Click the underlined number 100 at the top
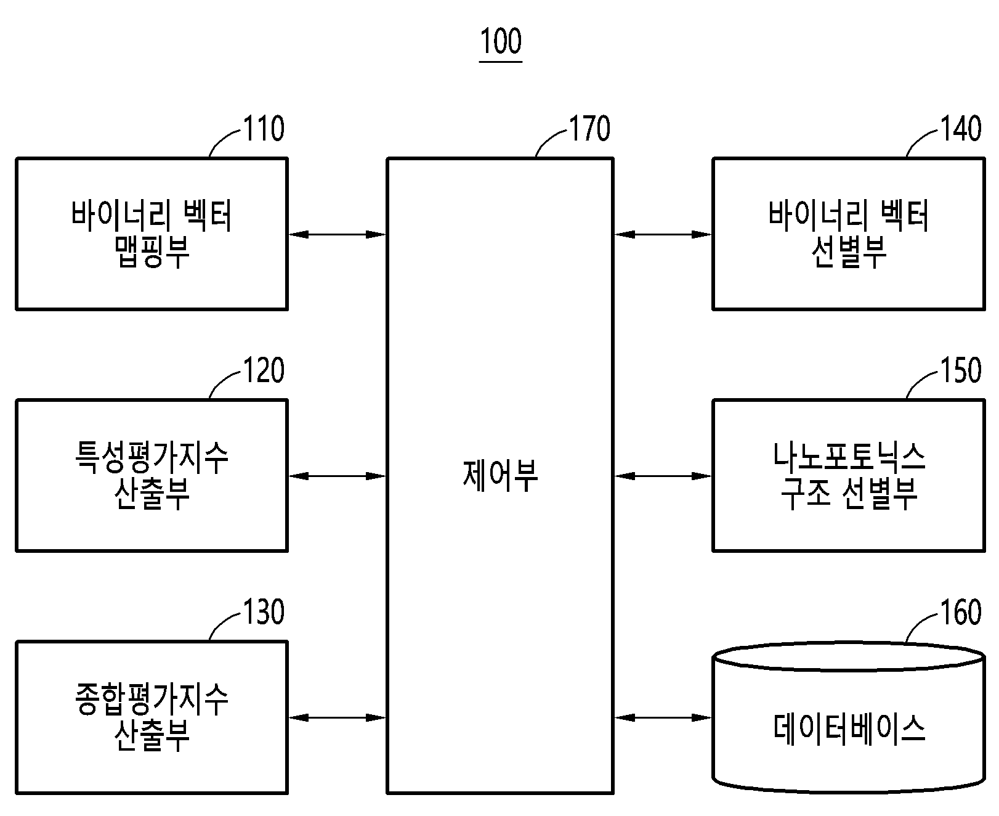[501, 42]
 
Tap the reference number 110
[264, 129]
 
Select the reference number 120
[264, 370]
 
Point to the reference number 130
[264, 612]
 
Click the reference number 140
[961, 129]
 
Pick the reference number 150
[961, 370]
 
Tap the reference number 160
[961, 612]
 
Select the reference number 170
[590, 129]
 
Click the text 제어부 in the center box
[500, 475]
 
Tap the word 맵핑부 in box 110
[152, 251]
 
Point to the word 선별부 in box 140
[849, 251]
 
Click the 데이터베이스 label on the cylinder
[849, 728]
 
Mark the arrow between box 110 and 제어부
[338, 234]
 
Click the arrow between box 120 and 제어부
[338, 476]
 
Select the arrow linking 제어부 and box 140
[663, 234]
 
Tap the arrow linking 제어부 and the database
[663, 717]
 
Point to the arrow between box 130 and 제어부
[338, 717]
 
